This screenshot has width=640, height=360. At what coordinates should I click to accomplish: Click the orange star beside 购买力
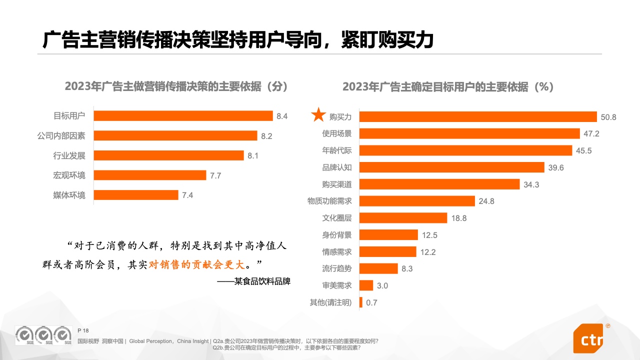(318, 115)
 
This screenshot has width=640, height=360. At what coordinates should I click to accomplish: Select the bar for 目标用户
(183, 116)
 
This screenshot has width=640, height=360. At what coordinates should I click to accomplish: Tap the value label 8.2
(266, 136)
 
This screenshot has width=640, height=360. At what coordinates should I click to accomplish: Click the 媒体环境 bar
(136, 195)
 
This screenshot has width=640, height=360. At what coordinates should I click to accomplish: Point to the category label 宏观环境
(69, 175)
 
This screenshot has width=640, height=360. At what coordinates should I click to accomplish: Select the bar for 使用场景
(469, 133)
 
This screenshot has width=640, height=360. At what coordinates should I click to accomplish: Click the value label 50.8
(608, 117)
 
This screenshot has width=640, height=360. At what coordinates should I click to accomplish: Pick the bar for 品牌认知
(451, 167)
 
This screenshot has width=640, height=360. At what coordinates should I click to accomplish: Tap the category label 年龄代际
(336, 150)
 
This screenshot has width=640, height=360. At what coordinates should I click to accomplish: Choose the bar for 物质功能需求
(417, 201)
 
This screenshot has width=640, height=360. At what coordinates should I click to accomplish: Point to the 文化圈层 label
(336, 218)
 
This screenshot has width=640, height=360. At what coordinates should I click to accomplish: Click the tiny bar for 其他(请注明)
(360, 302)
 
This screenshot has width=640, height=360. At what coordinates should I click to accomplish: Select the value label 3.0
(382, 286)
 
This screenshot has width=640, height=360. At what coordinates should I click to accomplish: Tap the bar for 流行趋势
(378, 269)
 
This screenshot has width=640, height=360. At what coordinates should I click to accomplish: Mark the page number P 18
(83, 330)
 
